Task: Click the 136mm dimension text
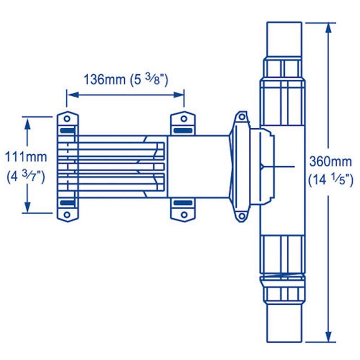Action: tap(104, 80)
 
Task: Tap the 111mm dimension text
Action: tap(26, 157)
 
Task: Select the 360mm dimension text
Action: tap(330, 162)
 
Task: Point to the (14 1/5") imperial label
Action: tap(330, 180)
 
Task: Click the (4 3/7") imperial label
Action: tap(26, 176)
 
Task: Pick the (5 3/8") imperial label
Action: tap(149, 80)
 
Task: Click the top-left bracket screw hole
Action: tap(67, 119)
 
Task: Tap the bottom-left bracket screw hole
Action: tap(67, 215)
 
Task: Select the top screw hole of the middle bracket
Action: tap(184, 119)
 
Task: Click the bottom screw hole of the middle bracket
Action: tap(184, 215)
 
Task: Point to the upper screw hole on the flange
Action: tap(242, 117)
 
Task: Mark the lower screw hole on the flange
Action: tap(242, 216)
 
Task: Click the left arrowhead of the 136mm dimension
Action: tap(73, 94)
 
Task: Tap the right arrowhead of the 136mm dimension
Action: tap(178, 94)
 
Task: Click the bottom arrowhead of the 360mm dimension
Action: tap(328, 335)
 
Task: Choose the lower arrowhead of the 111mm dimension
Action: tap(28, 207)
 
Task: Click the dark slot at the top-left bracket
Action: tap(67, 130)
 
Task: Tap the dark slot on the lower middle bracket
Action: tap(183, 203)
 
